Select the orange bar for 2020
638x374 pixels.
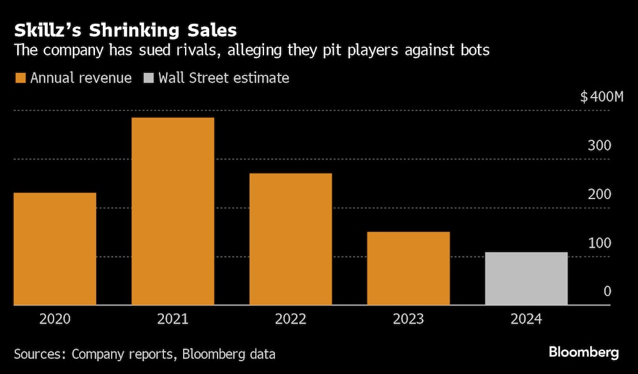click(x=54, y=249)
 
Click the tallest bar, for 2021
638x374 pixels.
click(x=172, y=211)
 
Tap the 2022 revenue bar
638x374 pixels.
click(x=290, y=239)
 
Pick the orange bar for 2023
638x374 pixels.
click(x=408, y=269)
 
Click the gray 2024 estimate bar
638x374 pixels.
click(x=526, y=279)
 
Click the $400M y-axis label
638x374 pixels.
click(x=601, y=98)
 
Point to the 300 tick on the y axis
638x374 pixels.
click(x=600, y=146)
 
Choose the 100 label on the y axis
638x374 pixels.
click(x=600, y=243)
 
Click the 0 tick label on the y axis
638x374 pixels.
click(x=607, y=292)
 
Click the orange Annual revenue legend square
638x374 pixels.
click(x=20, y=79)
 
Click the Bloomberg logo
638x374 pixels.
click(x=583, y=352)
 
